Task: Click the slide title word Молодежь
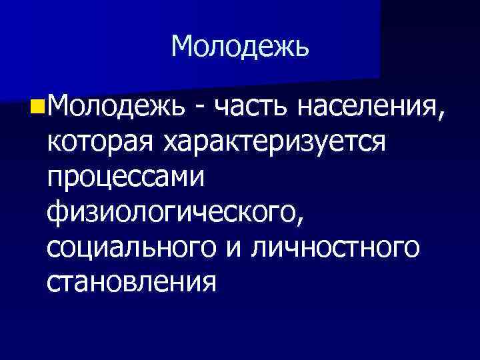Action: (x=240, y=47)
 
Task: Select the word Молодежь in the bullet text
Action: (x=114, y=105)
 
